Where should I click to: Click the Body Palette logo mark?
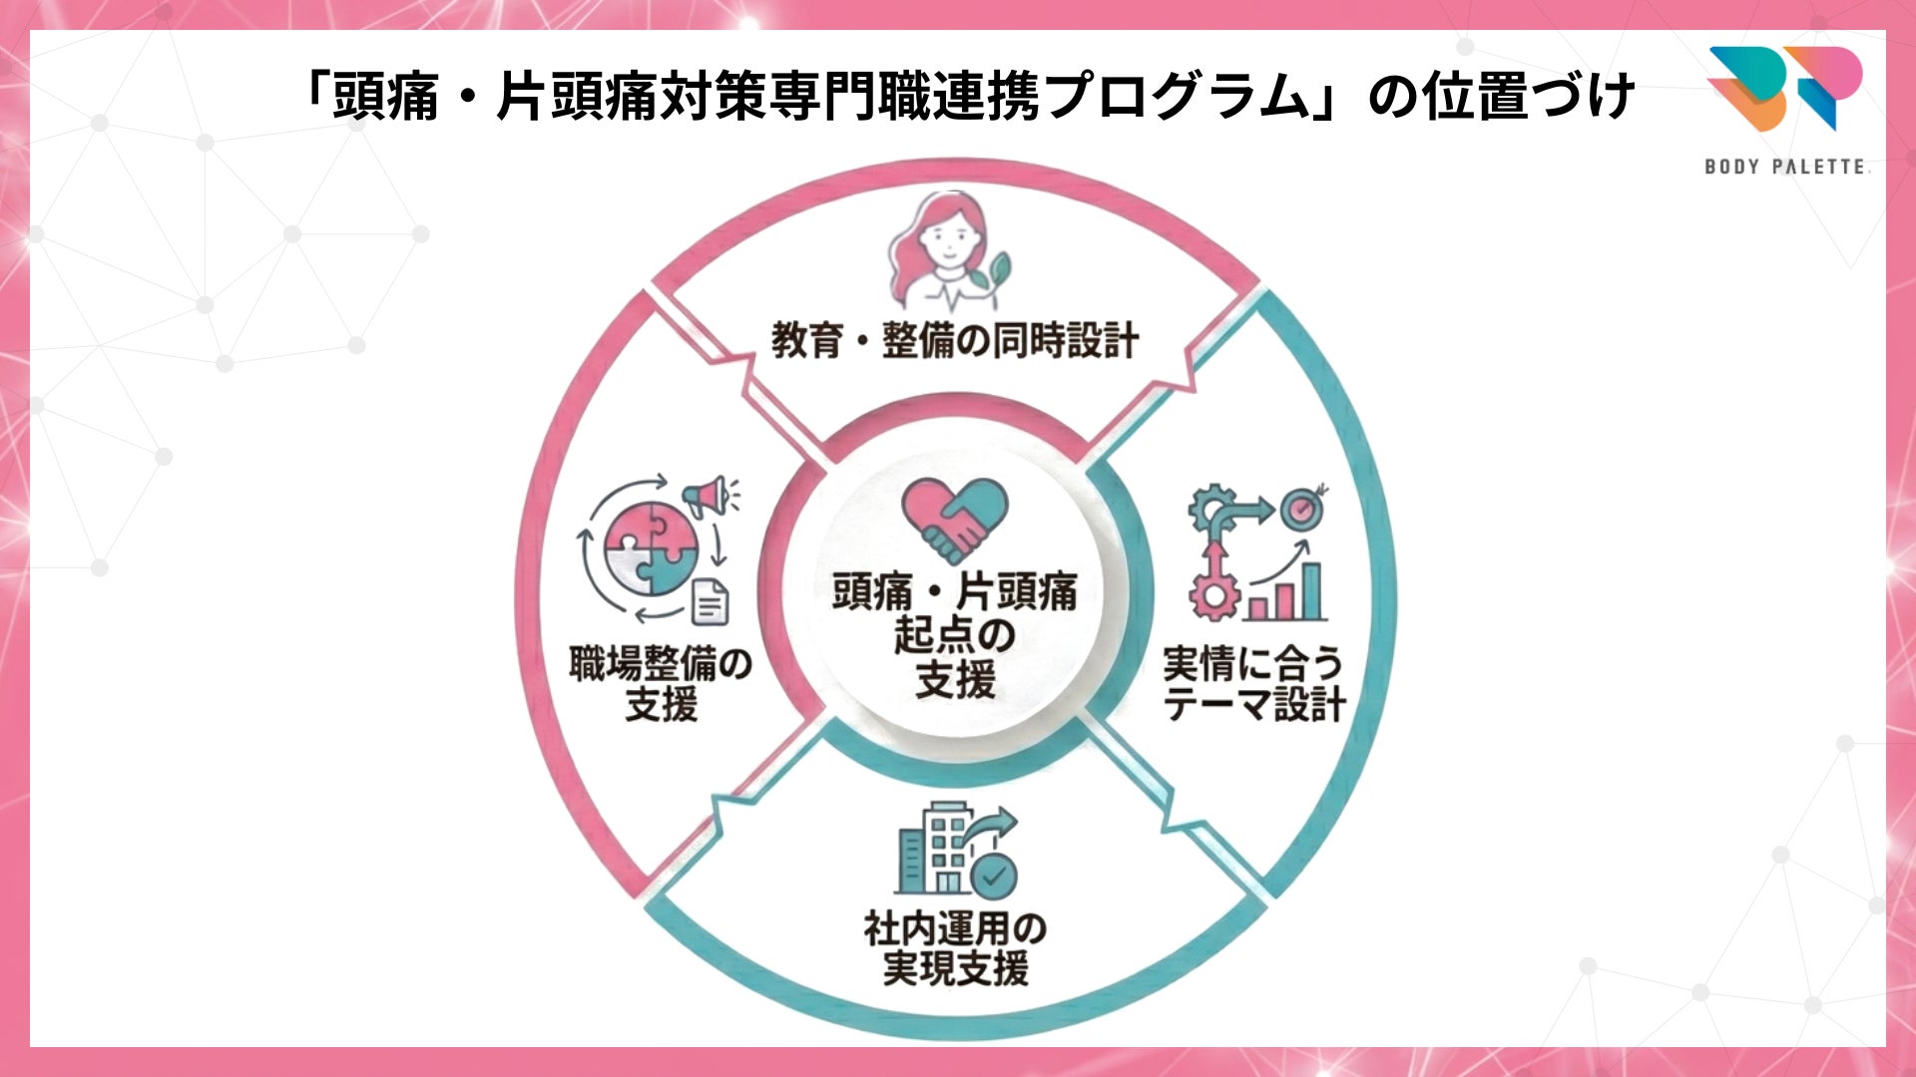coord(1784,88)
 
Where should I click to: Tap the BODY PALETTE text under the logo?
coord(1784,167)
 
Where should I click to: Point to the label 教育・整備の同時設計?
coord(954,341)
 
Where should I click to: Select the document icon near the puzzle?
coord(711,600)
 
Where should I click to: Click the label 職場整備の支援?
coord(660,684)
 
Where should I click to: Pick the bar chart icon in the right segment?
coord(1286,591)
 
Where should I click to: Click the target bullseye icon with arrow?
coord(1301,509)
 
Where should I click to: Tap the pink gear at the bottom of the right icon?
coord(1214,596)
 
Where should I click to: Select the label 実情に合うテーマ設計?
coord(1253,684)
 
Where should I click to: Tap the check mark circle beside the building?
coord(995,876)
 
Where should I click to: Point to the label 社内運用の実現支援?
coord(955,948)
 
